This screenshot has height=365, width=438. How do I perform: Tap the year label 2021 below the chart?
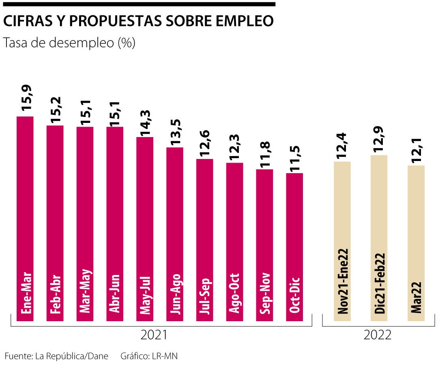click(x=154, y=335)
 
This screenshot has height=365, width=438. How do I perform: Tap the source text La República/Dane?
click(x=72, y=356)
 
